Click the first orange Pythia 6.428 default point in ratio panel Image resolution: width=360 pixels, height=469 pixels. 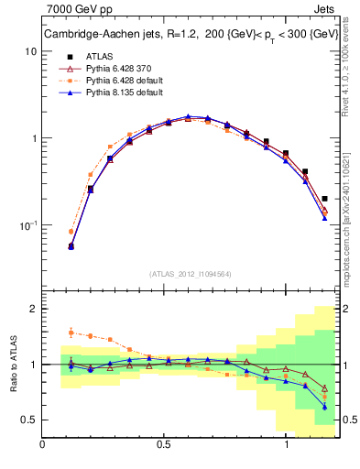[x=71, y=333]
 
